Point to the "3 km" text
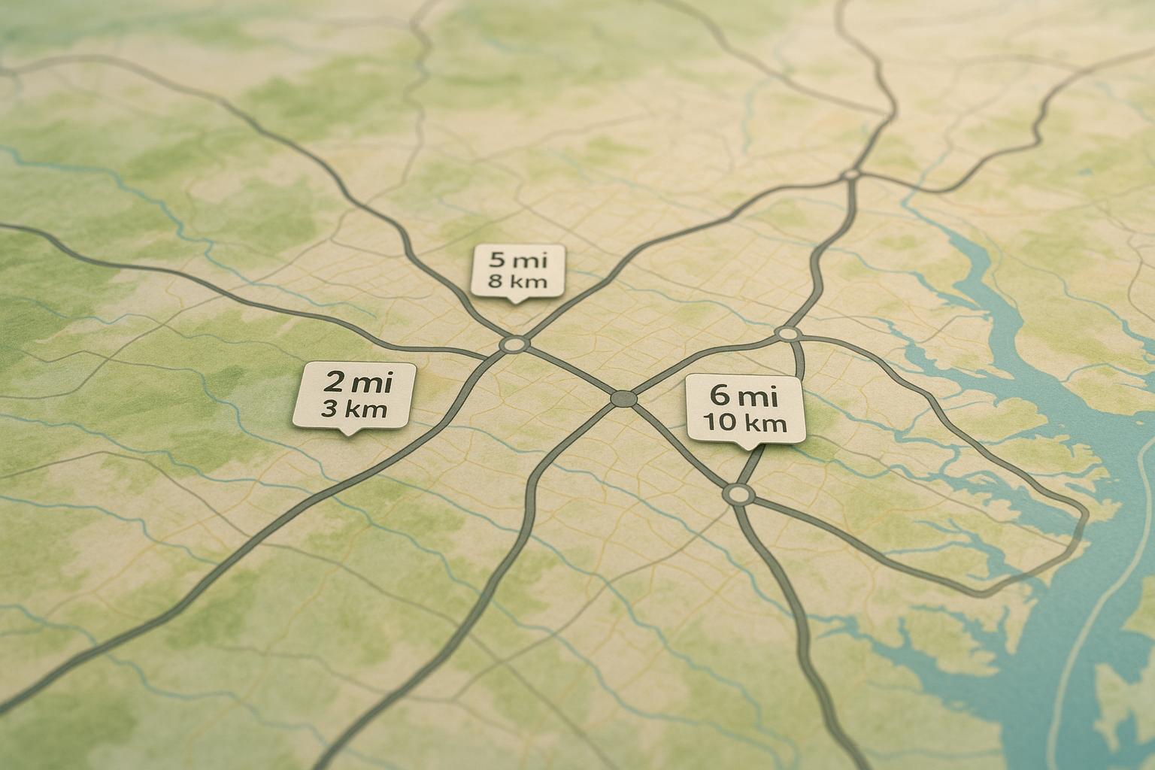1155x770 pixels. [x=353, y=410]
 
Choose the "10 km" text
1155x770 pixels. [x=745, y=423]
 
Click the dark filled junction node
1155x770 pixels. [x=623, y=399]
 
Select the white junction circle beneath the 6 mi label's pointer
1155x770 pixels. [x=738, y=494]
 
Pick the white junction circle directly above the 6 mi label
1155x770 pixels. [x=788, y=332]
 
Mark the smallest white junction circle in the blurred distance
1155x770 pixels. [x=852, y=174]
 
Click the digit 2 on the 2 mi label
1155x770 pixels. [x=332, y=382]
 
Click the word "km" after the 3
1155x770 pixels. [x=366, y=410]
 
